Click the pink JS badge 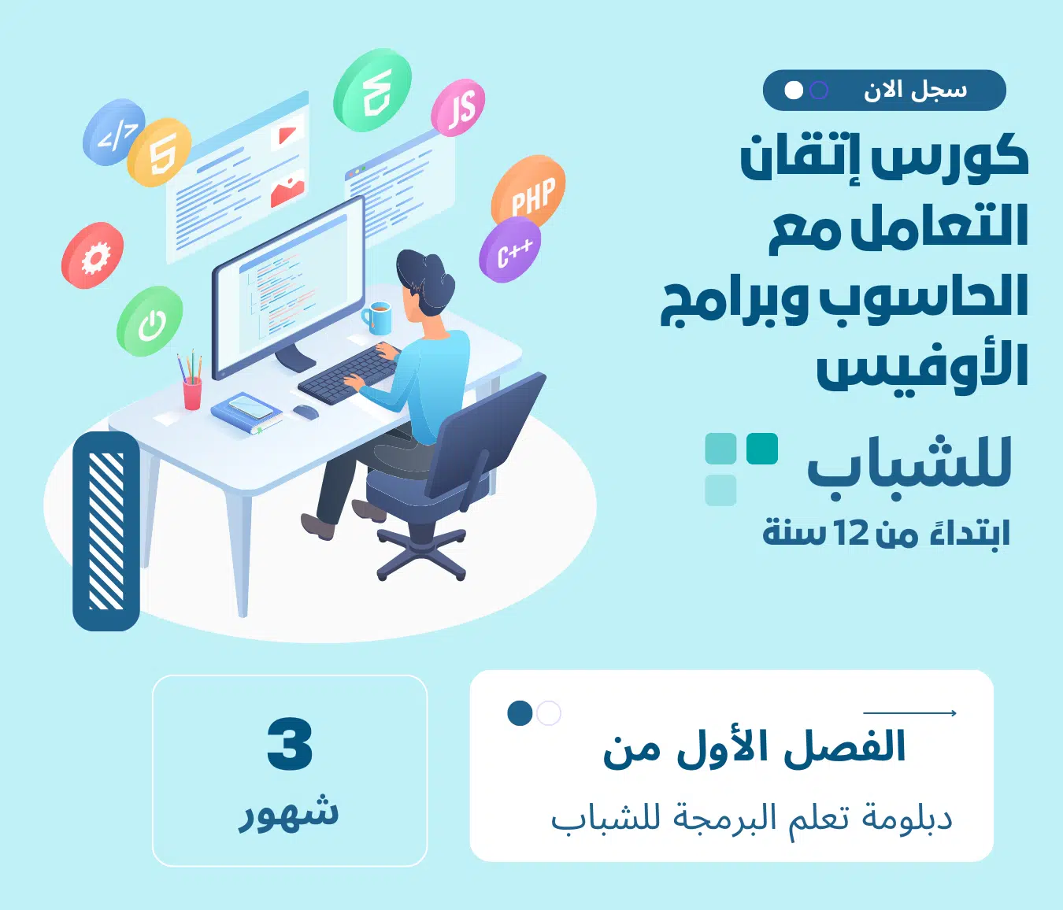[x=457, y=107]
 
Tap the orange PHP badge [x=528, y=191]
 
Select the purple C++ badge [x=510, y=250]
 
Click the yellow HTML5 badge [x=159, y=152]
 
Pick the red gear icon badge [x=93, y=255]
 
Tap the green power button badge [x=150, y=321]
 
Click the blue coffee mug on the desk [x=377, y=317]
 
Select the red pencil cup [x=192, y=393]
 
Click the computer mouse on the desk [x=305, y=411]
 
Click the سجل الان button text [x=916, y=91]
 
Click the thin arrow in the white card [x=909, y=713]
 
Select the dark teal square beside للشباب [x=761, y=449]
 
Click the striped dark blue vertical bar [x=106, y=531]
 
